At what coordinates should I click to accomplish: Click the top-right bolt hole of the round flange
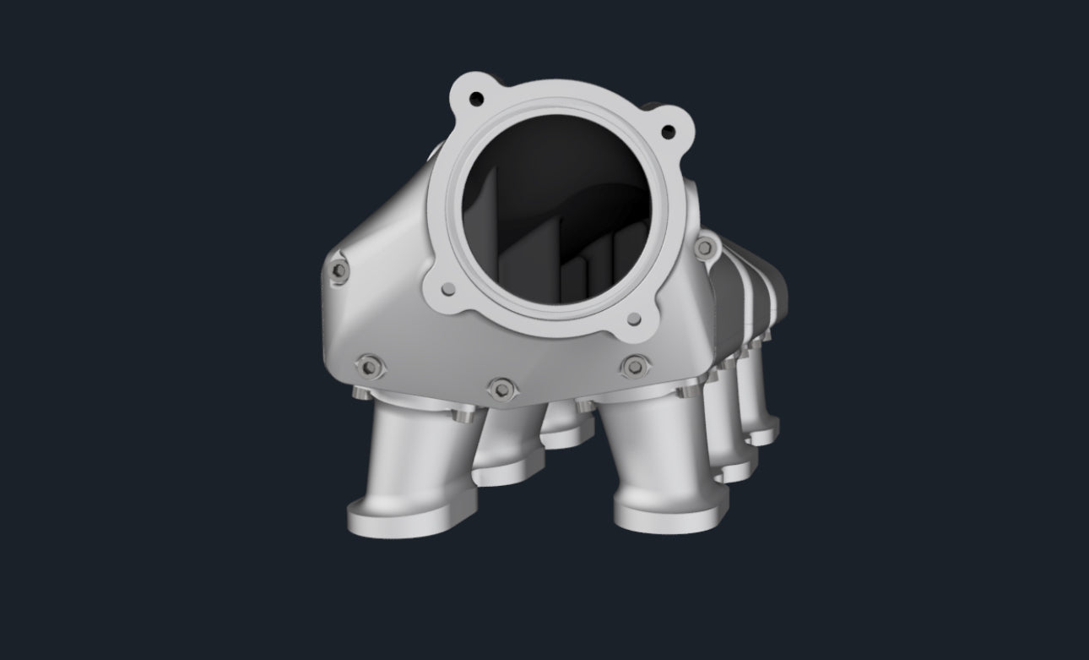click(667, 131)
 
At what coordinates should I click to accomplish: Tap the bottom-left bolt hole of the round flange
click(447, 289)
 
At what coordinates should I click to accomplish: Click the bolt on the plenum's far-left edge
click(339, 270)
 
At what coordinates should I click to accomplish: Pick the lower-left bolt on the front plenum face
click(368, 367)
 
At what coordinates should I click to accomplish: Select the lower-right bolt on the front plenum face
click(632, 367)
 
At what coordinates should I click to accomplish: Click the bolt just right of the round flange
click(703, 247)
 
